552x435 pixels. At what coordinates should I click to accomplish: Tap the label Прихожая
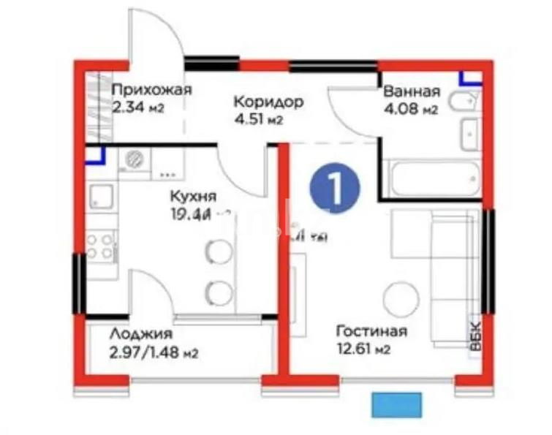(151, 91)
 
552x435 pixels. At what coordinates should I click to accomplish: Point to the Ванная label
(412, 92)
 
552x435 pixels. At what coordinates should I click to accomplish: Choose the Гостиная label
(371, 331)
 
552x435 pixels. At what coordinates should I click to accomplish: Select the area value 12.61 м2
(363, 350)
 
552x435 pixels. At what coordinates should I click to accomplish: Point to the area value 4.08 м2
(410, 110)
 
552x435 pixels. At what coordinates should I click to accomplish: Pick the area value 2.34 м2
(137, 108)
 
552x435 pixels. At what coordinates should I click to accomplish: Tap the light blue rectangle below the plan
(396, 405)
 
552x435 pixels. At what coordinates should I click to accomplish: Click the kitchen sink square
(101, 197)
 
